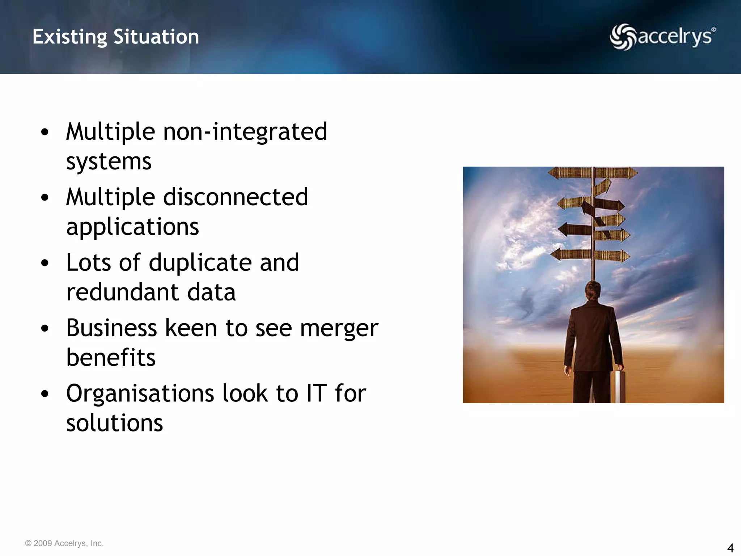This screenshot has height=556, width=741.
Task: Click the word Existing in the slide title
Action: click(x=70, y=37)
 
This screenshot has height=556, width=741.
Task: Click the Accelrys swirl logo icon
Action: click(x=622, y=37)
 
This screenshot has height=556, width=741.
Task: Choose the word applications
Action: click(x=132, y=227)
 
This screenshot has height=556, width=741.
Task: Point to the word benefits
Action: click(x=111, y=358)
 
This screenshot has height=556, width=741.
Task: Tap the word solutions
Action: click(x=114, y=423)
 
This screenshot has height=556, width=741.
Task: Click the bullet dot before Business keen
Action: click(x=45, y=329)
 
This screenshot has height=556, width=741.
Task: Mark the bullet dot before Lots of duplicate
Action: click(x=45, y=264)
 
